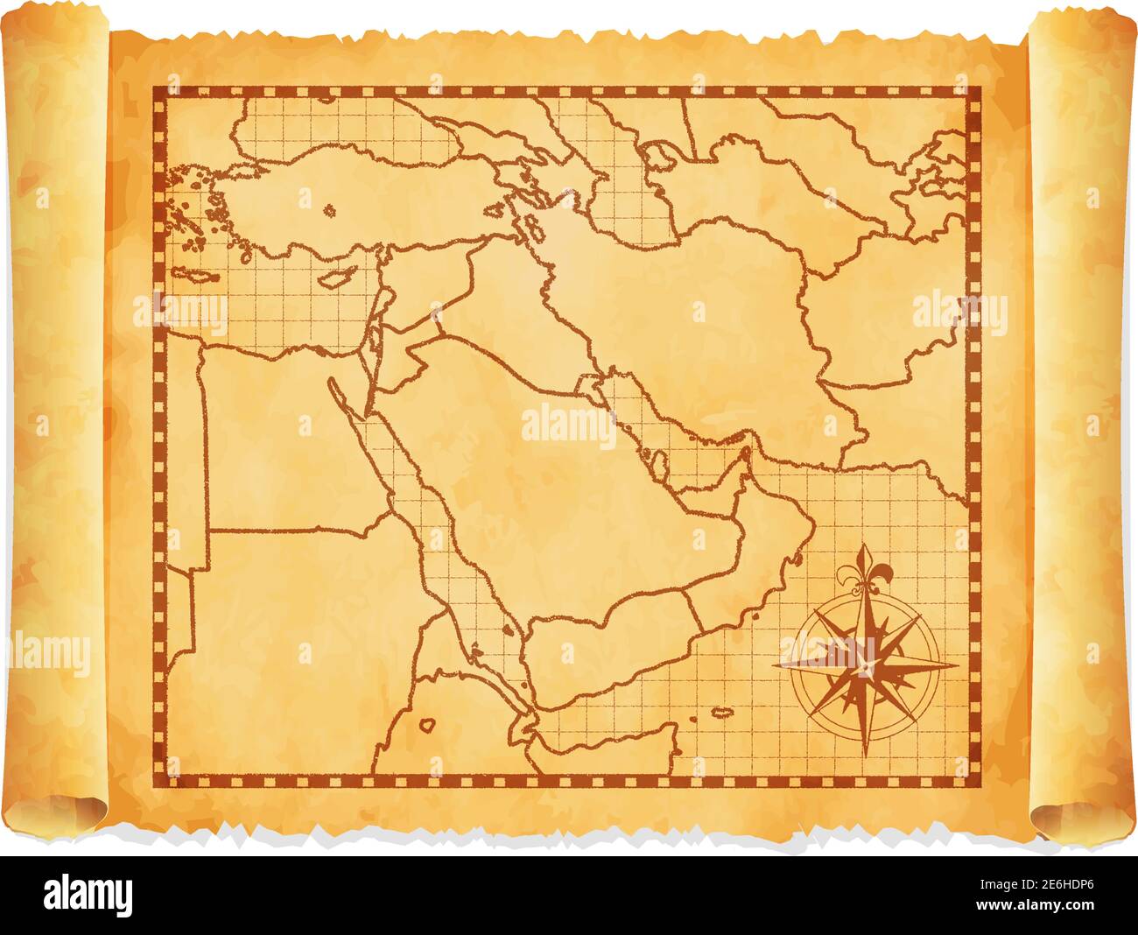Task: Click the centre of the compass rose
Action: (x=864, y=664)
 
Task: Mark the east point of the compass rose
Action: (x=956, y=664)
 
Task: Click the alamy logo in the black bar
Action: (x=88, y=895)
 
